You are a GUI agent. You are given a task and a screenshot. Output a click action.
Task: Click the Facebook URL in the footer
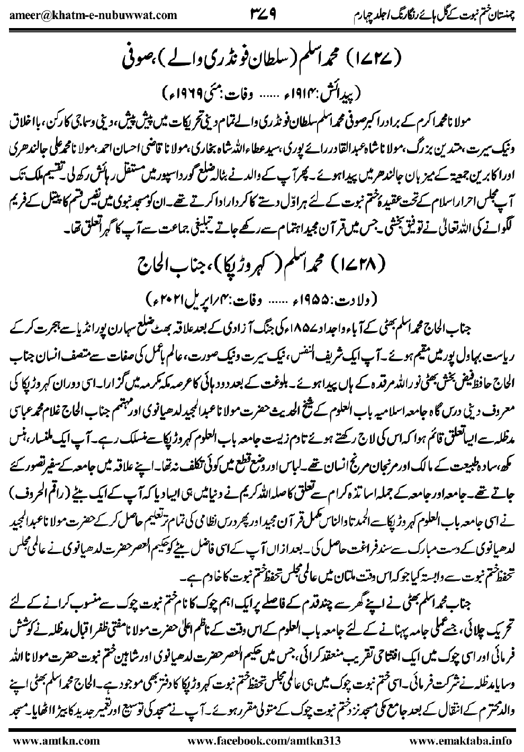(260, 740)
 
